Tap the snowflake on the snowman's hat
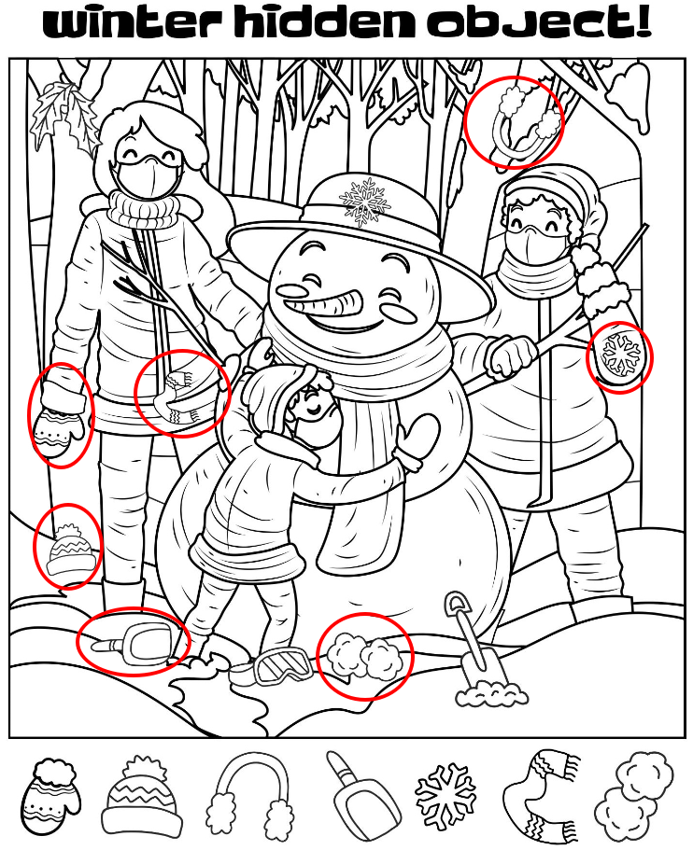(x=365, y=202)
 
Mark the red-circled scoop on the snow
(x=136, y=642)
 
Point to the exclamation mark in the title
(x=643, y=21)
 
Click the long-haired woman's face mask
(x=147, y=175)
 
